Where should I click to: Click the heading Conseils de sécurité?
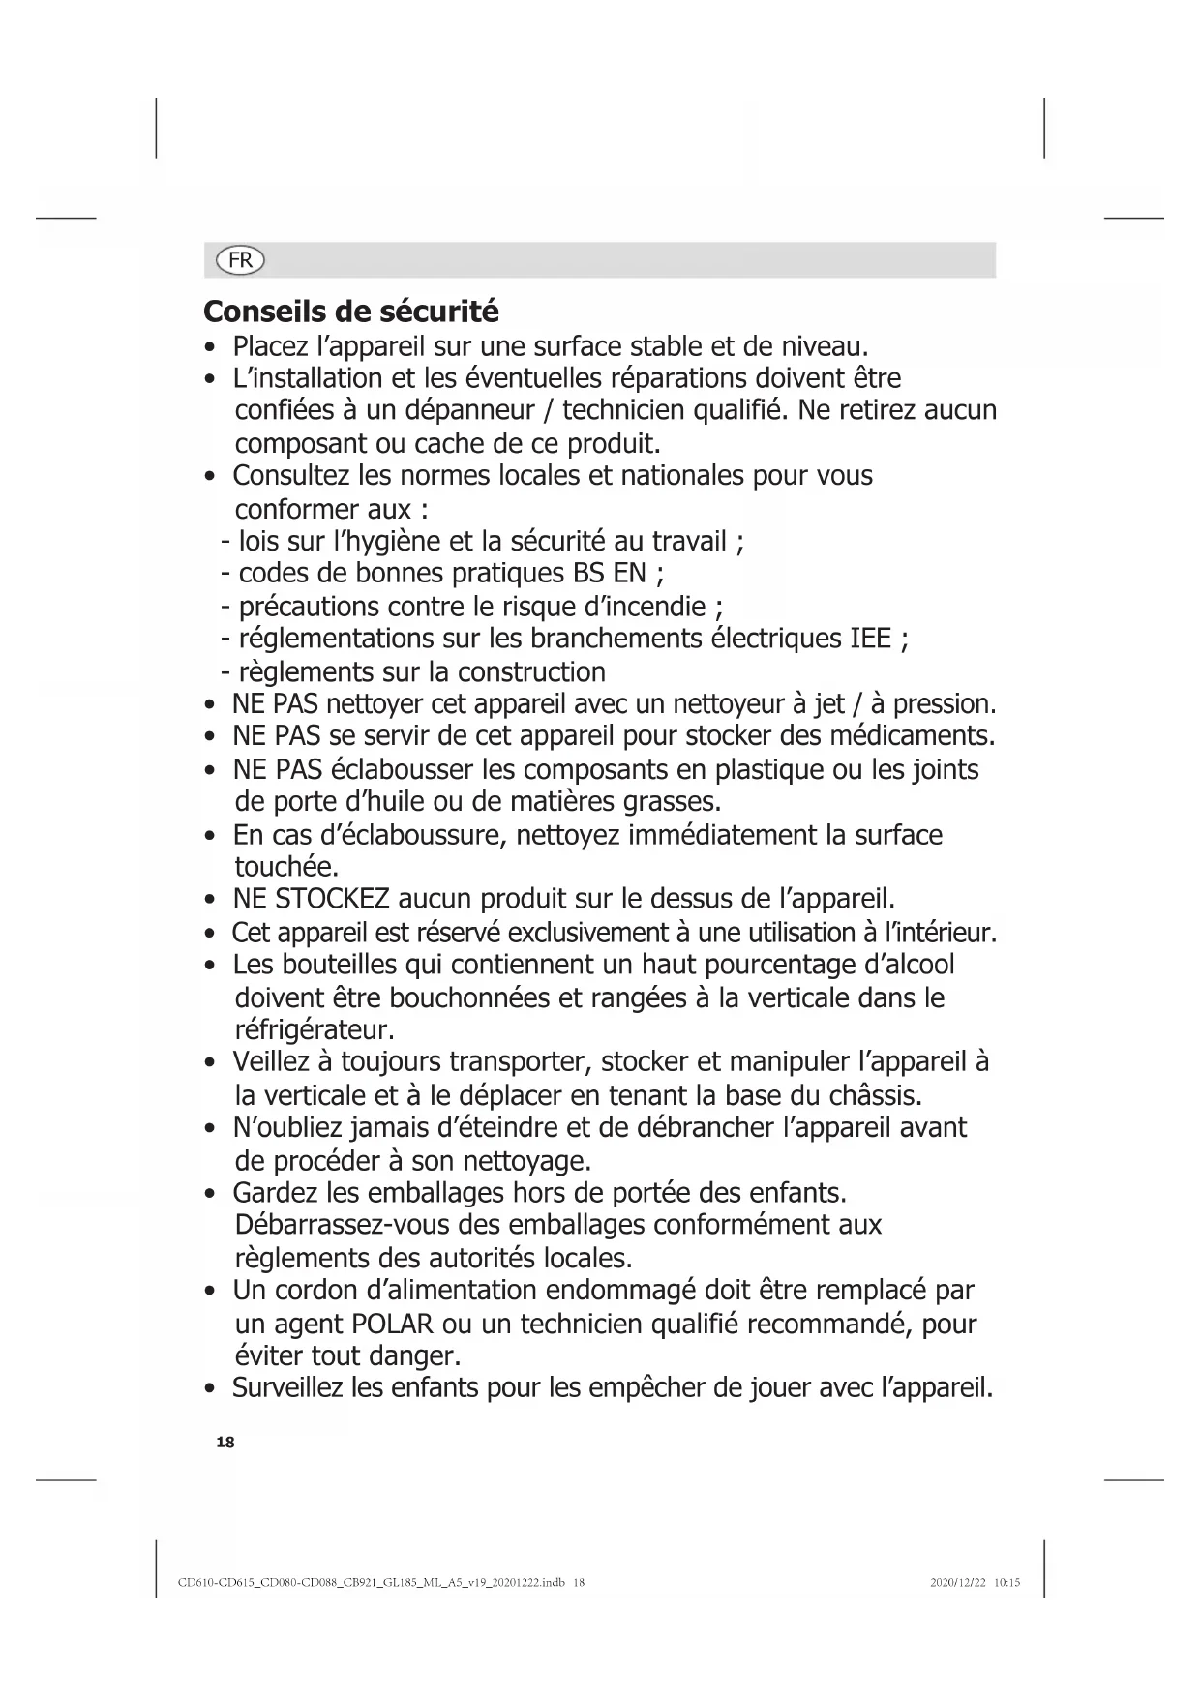(351, 312)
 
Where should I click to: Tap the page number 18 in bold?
(225, 1443)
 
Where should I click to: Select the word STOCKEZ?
(332, 899)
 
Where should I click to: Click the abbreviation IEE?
(870, 639)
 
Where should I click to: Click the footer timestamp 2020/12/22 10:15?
(975, 1584)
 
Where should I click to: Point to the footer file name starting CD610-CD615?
(381, 1584)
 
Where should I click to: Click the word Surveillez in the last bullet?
(288, 1388)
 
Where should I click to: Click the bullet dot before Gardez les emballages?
(209, 1194)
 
